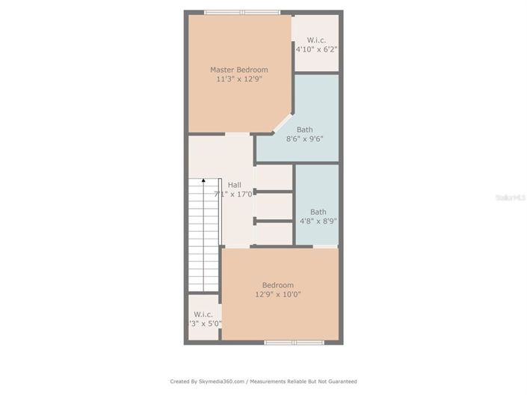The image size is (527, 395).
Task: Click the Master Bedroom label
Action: click(238, 70)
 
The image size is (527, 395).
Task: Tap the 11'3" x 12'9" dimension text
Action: click(238, 79)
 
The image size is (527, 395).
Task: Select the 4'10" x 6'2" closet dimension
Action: click(316, 49)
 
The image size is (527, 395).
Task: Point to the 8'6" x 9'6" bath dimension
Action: click(304, 138)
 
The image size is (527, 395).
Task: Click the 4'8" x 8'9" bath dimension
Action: click(318, 221)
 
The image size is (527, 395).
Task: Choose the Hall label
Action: click(235, 185)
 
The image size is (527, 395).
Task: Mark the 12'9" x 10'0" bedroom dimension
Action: click(277, 294)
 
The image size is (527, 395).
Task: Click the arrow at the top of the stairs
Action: click(203, 181)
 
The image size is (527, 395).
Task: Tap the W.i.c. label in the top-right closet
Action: click(316, 40)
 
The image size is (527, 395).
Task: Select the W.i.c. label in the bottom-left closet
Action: click(203, 314)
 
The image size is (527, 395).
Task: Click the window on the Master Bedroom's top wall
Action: click(241, 12)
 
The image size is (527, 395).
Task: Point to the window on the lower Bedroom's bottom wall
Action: click(294, 343)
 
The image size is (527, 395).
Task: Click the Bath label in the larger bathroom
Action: click(304, 129)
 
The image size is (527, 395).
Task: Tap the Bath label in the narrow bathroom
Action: click(318, 212)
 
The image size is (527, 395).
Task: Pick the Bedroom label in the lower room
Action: click(277, 284)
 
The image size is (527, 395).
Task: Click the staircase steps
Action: click(203, 239)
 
